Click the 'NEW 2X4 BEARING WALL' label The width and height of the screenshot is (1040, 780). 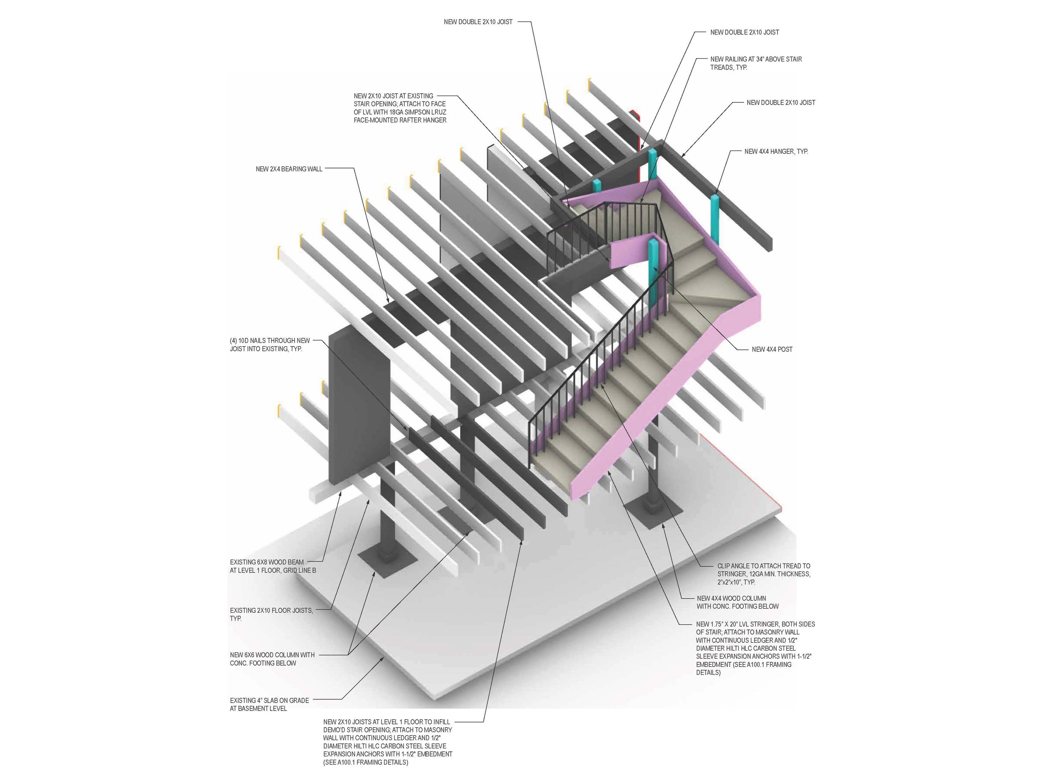[289, 169]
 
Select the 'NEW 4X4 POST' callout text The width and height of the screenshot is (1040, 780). [772, 349]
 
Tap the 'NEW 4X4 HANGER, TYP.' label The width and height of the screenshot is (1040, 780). [776, 151]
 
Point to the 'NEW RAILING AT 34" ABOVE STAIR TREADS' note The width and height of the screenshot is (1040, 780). [755, 63]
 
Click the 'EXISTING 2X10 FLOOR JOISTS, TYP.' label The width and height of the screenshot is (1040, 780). [271, 614]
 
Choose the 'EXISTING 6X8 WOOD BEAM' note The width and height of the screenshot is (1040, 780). [273, 566]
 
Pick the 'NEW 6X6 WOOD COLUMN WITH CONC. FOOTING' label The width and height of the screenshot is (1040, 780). [272, 659]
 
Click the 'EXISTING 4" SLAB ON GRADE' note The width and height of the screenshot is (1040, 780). [269, 704]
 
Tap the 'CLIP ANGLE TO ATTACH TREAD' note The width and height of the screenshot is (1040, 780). [763, 574]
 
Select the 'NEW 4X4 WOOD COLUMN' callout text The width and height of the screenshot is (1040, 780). [737, 602]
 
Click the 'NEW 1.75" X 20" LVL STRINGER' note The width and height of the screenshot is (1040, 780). [755, 648]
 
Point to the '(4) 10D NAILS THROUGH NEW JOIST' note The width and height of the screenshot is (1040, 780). [270, 344]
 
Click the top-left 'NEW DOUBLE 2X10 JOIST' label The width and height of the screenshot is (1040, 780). [478, 22]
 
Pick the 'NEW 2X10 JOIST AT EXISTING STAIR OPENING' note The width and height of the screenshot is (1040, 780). [400, 108]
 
